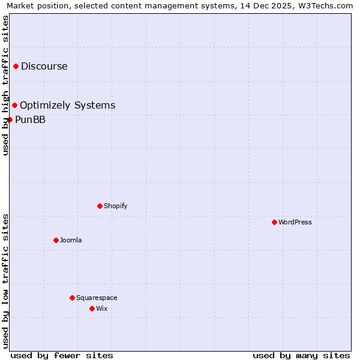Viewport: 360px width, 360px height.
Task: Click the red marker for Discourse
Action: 16,66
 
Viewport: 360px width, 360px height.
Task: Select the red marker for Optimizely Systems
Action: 15,106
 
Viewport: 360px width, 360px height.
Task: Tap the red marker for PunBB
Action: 10,119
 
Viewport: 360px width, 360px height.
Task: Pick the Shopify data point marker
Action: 100,206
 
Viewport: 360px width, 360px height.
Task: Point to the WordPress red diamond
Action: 274,222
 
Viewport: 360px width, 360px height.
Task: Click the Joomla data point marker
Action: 56,240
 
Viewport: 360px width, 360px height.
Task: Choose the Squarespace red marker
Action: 72,298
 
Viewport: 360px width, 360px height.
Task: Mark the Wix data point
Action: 92,308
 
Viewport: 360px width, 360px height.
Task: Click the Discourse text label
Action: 44,66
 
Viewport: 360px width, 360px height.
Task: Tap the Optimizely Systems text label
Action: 67,106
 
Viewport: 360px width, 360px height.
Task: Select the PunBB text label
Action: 30,119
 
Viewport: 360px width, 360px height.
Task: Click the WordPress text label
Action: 295,222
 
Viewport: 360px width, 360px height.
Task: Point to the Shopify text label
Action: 116,206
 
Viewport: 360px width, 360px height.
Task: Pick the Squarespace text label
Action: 97,298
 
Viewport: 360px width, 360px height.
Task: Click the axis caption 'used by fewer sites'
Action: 62,355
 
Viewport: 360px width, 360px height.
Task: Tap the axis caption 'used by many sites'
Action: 301,355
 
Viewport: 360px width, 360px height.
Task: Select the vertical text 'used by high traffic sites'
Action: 5,85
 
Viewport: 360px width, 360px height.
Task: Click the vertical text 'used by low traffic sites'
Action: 5,280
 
